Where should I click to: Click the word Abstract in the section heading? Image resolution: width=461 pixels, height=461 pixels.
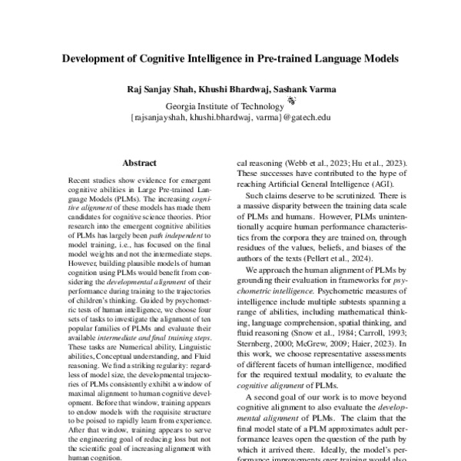[x=140, y=163]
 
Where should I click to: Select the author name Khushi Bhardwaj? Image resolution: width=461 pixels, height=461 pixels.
[x=227, y=89]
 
